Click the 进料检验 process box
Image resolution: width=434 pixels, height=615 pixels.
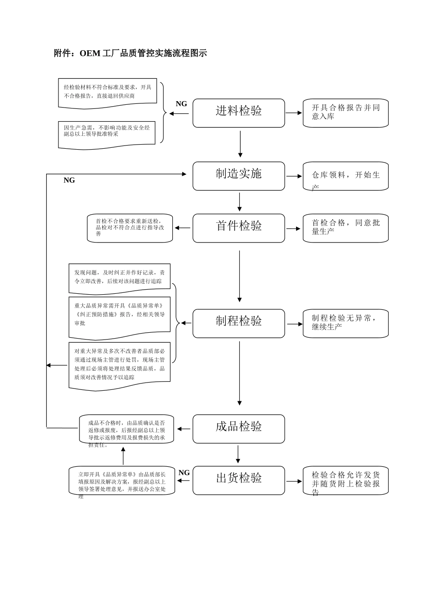pos(238,113)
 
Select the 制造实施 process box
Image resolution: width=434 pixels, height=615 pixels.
pos(238,176)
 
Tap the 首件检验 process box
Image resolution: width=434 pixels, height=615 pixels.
pos(238,228)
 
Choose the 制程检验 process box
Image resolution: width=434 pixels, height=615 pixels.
pos(238,323)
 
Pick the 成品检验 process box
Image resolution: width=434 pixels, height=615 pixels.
pos(238,429)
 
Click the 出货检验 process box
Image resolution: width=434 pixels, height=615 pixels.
pos(238,480)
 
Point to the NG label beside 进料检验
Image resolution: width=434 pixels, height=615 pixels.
pos(181,104)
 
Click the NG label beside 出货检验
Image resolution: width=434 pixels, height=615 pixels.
pos(184,473)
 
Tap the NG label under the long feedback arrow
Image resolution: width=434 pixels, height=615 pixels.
pos(69,180)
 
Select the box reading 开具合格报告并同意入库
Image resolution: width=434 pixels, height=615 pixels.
pos(345,113)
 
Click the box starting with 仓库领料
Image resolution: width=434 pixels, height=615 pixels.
pos(345,176)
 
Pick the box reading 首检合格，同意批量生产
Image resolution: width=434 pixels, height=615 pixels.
pos(345,228)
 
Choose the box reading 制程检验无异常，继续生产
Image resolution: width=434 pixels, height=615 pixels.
pos(345,323)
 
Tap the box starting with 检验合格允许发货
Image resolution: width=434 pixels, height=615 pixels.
pos(345,480)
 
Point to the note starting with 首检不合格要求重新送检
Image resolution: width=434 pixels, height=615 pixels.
pos(130,228)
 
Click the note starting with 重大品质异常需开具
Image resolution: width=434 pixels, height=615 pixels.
pos(119,316)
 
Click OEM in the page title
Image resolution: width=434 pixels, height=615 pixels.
pos(90,53)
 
